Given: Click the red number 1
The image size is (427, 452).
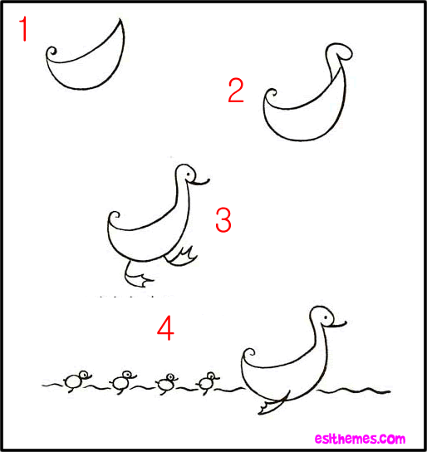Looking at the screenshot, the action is (23, 29).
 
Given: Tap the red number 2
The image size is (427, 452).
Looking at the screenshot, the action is (236, 91).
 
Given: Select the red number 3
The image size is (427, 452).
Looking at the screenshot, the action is (223, 220).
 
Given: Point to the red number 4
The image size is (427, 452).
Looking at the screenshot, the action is (165, 328).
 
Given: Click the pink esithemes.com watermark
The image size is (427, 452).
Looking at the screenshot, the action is (360, 439).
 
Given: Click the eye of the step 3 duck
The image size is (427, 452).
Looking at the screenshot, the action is (188, 174).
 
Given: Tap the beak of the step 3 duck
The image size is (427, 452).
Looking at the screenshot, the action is (199, 182).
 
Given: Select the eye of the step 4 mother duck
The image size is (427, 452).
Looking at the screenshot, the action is (326, 317).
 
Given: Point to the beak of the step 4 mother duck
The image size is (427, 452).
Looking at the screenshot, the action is (337, 325).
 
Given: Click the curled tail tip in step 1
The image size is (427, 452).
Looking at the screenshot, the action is (52, 52).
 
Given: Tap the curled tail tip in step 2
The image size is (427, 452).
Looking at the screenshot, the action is (271, 94).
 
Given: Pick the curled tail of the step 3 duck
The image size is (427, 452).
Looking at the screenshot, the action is (115, 216).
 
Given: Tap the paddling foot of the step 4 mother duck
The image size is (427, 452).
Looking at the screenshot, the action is (272, 403).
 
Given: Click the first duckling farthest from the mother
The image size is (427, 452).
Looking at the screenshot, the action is (76, 381).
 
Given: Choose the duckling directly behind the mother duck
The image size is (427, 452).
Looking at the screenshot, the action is (207, 382).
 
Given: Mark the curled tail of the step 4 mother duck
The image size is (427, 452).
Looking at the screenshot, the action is (249, 353).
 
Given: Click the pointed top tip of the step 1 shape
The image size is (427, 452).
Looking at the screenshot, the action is (120, 19).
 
